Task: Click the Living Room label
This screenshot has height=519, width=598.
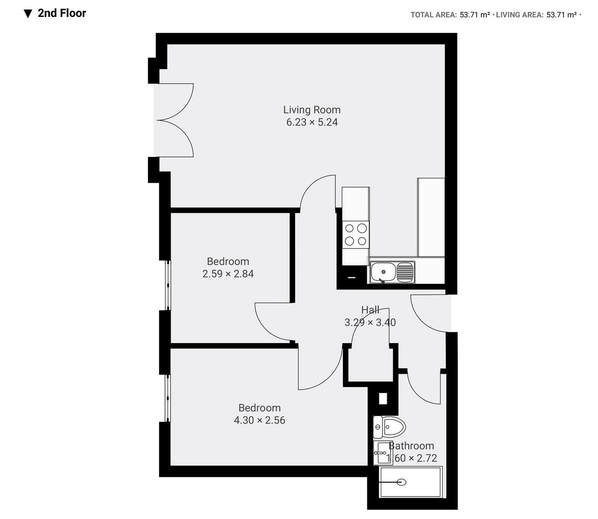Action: (x=311, y=110)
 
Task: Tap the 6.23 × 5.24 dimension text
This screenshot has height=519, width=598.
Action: (x=311, y=122)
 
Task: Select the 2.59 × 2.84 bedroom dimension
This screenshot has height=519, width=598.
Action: (x=228, y=273)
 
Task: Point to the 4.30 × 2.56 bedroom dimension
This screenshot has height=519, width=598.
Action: (x=259, y=420)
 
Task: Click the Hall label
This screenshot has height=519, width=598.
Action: (x=370, y=310)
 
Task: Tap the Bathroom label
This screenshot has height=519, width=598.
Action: (x=412, y=446)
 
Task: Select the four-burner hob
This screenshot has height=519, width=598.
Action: (x=356, y=235)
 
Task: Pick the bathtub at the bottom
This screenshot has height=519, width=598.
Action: (x=411, y=482)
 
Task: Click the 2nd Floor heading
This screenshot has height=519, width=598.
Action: (x=62, y=13)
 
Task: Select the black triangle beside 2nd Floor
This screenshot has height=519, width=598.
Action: (x=28, y=13)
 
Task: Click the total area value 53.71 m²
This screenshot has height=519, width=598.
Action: (x=474, y=15)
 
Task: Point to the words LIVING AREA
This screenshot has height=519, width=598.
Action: (x=519, y=15)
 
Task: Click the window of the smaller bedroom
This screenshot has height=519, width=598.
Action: (x=168, y=285)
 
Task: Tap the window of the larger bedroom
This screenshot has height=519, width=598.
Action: (x=168, y=398)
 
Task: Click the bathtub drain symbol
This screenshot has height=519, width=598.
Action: (x=401, y=482)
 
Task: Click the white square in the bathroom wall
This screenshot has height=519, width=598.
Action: (x=383, y=399)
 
